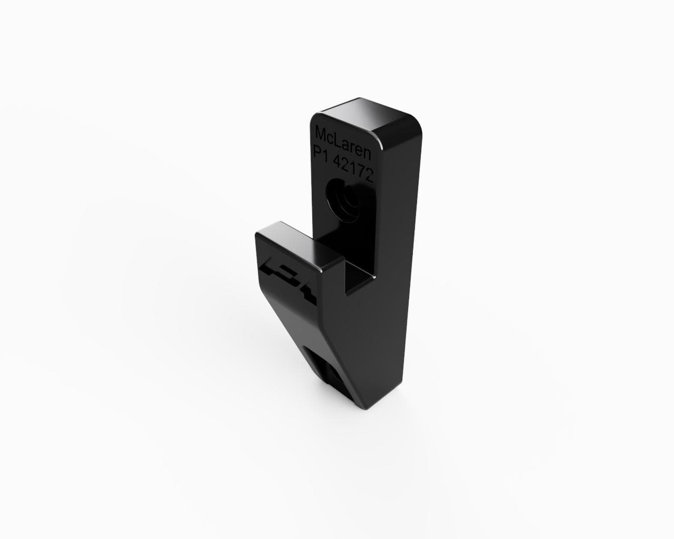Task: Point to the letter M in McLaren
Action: [321, 134]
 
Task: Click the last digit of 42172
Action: [370, 176]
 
